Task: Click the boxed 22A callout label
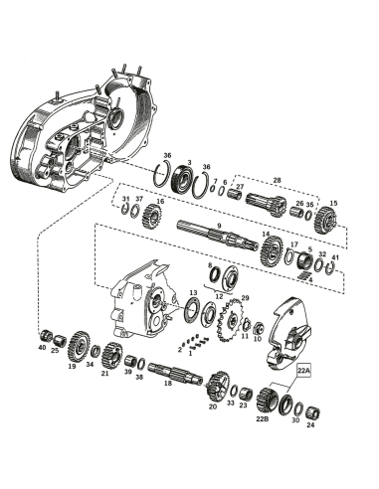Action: click(x=304, y=371)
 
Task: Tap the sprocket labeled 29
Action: click(x=231, y=320)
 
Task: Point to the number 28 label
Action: click(x=277, y=180)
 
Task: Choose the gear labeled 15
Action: click(x=325, y=220)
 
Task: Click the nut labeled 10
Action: click(x=259, y=329)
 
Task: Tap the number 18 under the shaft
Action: click(x=168, y=383)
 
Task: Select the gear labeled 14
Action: click(x=273, y=249)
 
